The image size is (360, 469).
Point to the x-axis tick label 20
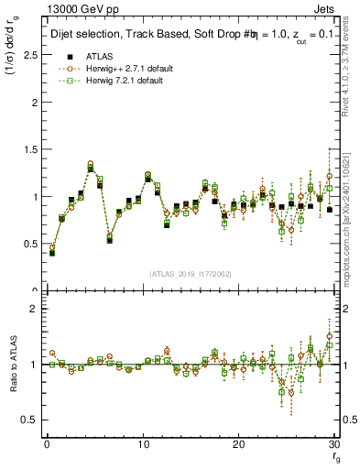[238, 444]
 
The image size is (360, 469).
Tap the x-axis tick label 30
[333, 444]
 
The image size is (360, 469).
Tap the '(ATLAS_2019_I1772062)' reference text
[191, 273]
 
